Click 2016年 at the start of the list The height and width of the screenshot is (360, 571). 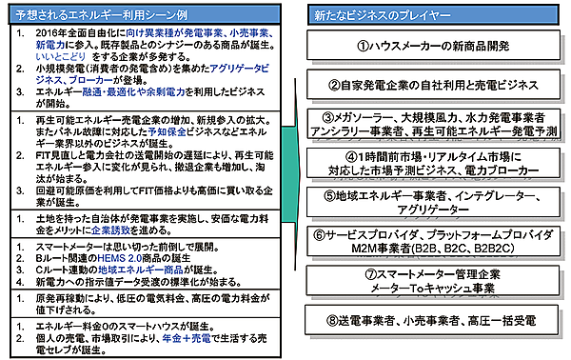(x=48, y=32)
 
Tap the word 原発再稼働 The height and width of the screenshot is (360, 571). (x=54, y=297)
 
